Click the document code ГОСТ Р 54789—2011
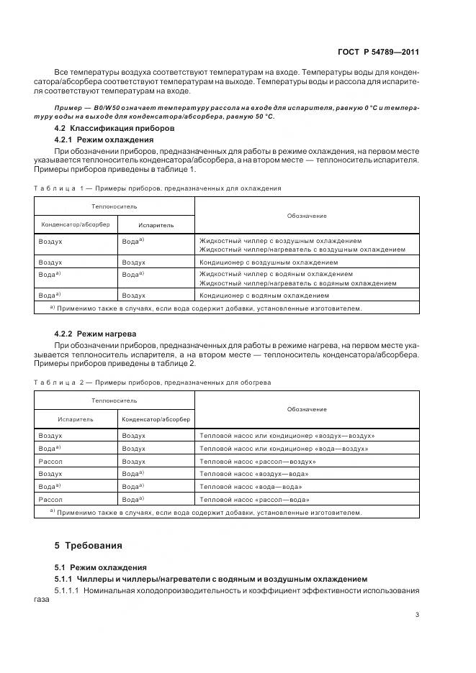coord(378,52)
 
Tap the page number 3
coord(417,614)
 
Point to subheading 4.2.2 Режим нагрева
coord(95,334)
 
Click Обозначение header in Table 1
coord(307,215)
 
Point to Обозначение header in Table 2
coord(307,410)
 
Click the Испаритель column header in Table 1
coord(156,225)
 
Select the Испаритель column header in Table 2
coord(76,419)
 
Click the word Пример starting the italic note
coord(68,106)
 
